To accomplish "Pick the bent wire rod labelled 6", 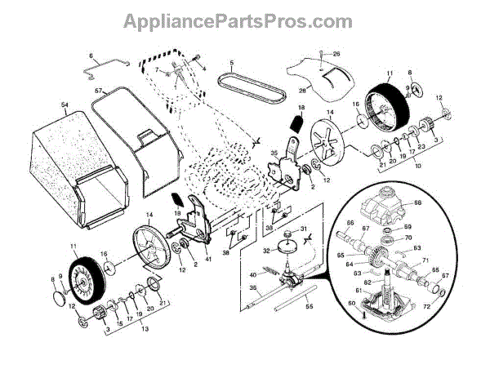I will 101,68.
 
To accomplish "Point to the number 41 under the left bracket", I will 209,259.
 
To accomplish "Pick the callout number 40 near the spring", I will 253,273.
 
